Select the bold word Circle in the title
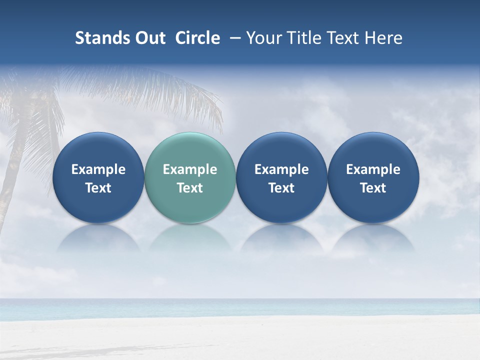pos(197,38)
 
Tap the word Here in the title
pos(383,38)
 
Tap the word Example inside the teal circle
pos(190,169)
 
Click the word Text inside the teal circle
pos(190,188)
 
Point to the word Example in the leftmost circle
pos(98,169)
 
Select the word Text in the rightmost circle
pos(373,188)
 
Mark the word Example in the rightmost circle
pos(373,169)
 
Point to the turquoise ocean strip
pos(240,308)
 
